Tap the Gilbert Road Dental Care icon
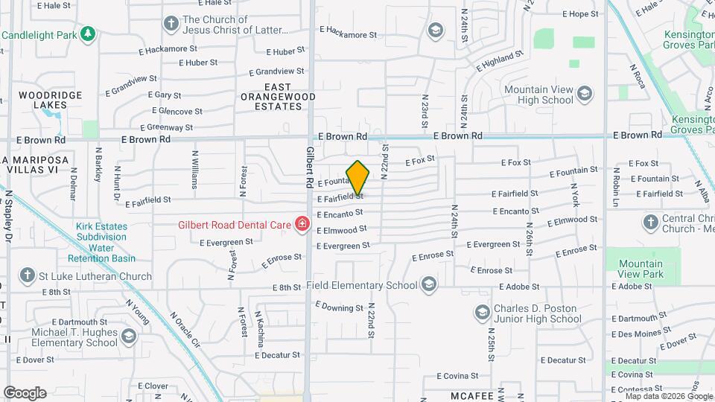click(302, 224)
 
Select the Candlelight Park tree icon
click(88, 34)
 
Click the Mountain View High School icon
click(585, 94)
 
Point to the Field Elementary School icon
click(428, 284)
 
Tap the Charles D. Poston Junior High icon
click(481, 311)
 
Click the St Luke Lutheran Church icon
click(28, 275)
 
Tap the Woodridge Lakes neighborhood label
click(44, 100)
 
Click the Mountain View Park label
click(641, 269)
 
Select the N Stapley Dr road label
click(10, 216)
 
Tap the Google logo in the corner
click(25, 393)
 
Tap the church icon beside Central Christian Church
click(650, 221)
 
